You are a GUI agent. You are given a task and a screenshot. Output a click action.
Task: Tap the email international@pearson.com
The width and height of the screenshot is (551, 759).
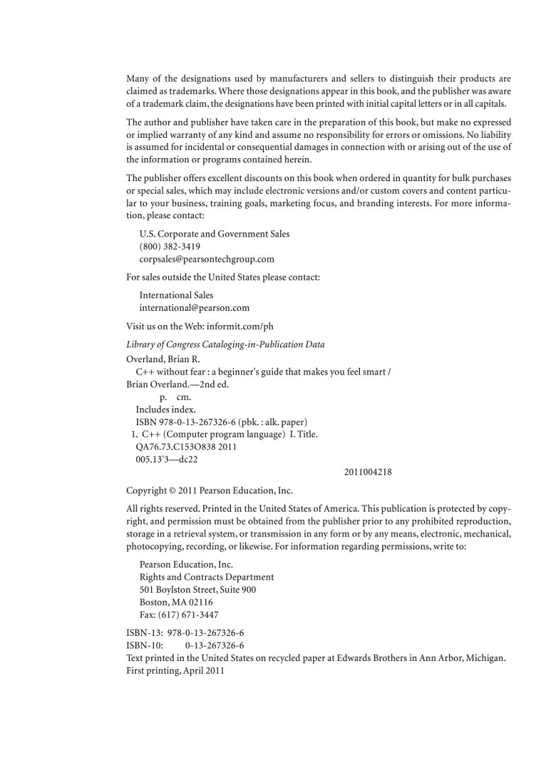click(x=194, y=308)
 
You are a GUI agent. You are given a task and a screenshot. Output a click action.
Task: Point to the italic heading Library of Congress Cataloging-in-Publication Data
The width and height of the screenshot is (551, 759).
click(x=226, y=345)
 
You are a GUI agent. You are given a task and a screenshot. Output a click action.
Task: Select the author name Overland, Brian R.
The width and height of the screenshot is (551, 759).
click(x=163, y=360)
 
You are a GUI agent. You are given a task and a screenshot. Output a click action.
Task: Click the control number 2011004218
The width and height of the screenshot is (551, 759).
click(x=367, y=472)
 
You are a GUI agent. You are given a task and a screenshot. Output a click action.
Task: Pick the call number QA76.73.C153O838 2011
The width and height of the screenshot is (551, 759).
click(x=186, y=447)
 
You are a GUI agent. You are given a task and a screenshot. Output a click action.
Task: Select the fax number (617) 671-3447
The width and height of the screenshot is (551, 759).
click(x=191, y=615)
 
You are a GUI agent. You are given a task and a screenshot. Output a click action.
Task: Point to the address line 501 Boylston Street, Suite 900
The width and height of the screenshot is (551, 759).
click(x=197, y=589)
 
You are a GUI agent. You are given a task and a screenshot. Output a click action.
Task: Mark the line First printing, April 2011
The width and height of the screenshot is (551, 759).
click(x=175, y=671)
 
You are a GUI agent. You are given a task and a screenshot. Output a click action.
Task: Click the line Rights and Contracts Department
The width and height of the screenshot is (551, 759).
click(x=207, y=577)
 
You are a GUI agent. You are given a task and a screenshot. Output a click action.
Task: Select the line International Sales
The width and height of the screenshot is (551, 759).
click(x=176, y=295)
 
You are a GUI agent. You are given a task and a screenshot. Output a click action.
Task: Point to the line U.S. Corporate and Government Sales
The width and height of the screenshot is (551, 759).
click(x=214, y=234)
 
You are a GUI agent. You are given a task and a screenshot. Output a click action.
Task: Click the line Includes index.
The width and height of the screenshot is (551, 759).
click(x=166, y=410)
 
